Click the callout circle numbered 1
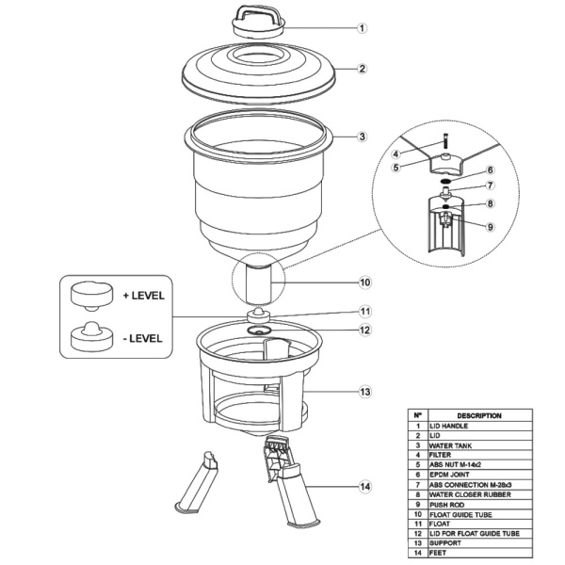click(363, 28)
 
